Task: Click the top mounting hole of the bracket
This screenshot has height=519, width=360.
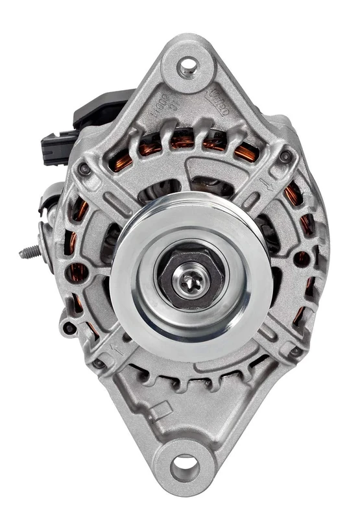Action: (187, 66)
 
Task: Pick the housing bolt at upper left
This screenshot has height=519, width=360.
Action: (84, 169)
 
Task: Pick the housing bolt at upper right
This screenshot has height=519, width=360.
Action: (285, 156)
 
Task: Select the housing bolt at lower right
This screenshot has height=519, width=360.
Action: (296, 351)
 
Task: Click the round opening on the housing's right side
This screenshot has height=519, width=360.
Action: (302, 259)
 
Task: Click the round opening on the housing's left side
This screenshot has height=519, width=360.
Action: (78, 271)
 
